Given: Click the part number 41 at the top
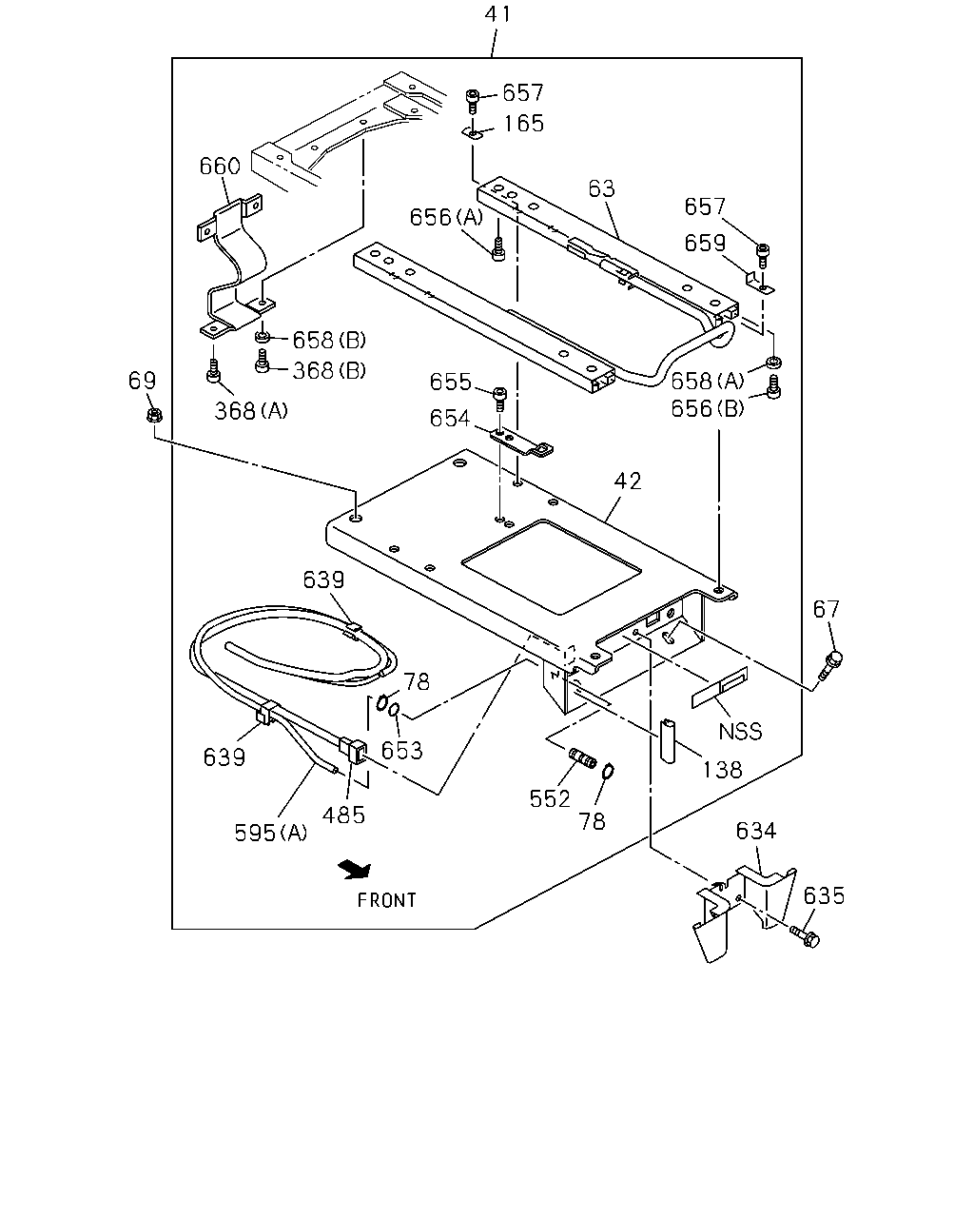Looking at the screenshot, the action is click(498, 14).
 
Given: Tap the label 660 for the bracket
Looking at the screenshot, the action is click(220, 167).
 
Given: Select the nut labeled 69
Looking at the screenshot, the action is click(154, 416).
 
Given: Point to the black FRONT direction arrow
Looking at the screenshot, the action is click(355, 870).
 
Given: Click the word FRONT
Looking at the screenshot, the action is click(386, 900).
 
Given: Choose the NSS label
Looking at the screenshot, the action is click(740, 732).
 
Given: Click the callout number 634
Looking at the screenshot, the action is click(756, 831).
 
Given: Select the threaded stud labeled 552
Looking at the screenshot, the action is click(583, 757).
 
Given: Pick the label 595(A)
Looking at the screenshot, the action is click(270, 833).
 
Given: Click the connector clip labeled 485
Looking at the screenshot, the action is click(353, 751).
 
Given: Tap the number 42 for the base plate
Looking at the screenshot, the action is click(628, 481).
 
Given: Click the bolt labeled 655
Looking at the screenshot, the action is click(499, 399).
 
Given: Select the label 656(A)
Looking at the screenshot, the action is click(446, 217).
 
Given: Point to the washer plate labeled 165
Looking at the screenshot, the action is click(473, 133).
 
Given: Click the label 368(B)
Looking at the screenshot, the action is click(329, 371).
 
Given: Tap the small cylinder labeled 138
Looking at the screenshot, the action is click(669, 741).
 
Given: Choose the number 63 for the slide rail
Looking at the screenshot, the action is click(601, 188).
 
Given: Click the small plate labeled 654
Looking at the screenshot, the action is click(521, 442).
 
